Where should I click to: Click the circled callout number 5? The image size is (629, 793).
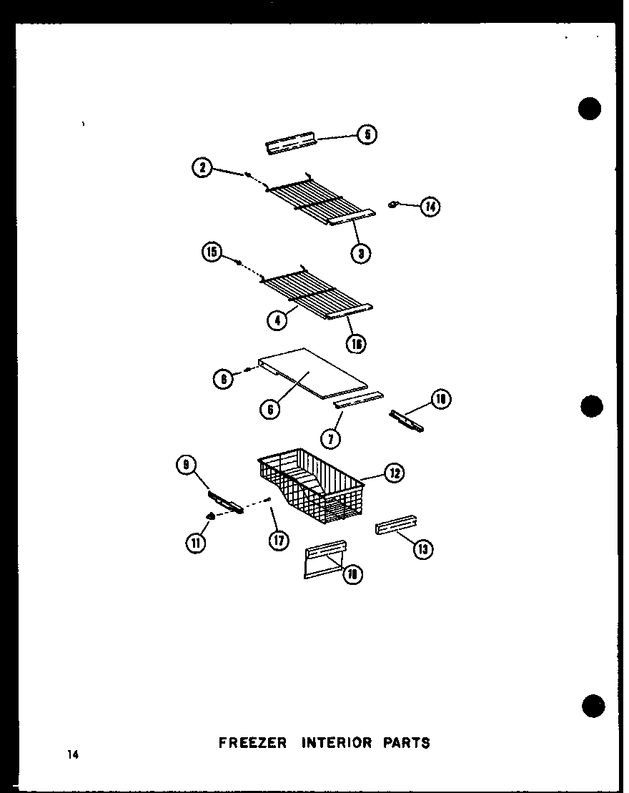(x=367, y=134)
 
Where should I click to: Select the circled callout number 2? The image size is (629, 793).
(x=202, y=169)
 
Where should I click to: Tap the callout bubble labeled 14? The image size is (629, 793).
(x=430, y=207)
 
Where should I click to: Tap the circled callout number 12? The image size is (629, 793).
(x=394, y=473)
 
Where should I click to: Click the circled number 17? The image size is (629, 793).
(x=278, y=541)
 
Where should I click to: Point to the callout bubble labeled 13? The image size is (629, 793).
(x=425, y=549)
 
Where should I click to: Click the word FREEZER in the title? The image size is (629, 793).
(x=252, y=743)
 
